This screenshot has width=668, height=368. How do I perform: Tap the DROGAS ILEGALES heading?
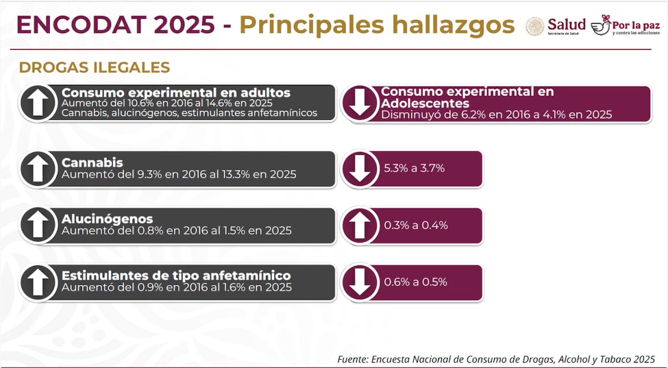pyautogui.click(x=94, y=68)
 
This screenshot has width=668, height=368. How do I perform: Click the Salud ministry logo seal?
pyautogui.click(x=535, y=26)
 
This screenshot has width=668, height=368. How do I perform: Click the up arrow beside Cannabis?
pyautogui.click(x=38, y=169)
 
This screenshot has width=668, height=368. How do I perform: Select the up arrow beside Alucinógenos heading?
pyautogui.click(x=38, y=226)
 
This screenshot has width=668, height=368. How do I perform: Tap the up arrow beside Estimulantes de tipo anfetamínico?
pyautogui.click(x=38, y=283)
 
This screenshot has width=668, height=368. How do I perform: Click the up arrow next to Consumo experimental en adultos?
pyautogui.click(x=38, y=103)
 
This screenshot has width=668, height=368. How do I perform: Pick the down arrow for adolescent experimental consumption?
pyautogui.click(x=360, y=103)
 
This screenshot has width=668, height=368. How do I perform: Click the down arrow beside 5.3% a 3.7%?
pyautogui.click(x=360, y=169)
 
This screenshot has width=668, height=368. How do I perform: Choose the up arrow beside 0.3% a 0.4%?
pyautogui.click(x=360, y=226)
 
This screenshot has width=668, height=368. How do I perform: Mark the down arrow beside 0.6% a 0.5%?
pyautogui.click(x=360, y=283)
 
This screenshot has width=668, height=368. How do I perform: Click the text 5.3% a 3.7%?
pyautogui.click(x=414, y=168)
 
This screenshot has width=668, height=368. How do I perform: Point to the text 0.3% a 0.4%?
pyautogui.click(x=416, y=225)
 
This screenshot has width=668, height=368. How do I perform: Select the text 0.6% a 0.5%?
pyautogui.click(x=415, y=282)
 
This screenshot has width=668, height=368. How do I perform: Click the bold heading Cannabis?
pyautogui.click(x=92, y=163)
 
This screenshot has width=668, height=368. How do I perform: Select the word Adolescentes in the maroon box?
pyautogui.click(x=425, y=103)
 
